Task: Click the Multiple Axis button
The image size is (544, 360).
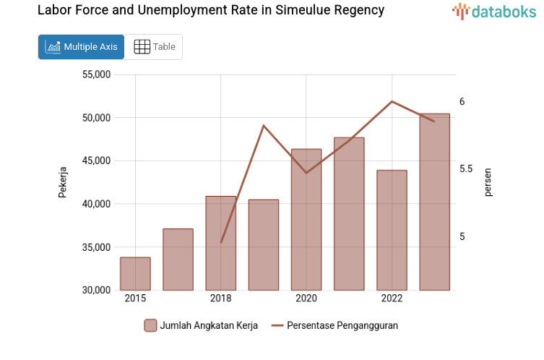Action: tap(81, 47)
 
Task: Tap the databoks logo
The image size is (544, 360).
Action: tap(494, 11)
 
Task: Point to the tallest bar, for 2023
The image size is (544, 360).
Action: tap(434, 202)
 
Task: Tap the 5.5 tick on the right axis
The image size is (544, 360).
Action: tap(467, 169)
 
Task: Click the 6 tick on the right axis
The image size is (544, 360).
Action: tap(462, 102)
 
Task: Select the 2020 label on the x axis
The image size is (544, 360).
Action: tap(306, 299)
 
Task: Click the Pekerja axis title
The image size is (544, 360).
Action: tap(63, 182)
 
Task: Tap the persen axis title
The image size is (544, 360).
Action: tap(488, 182)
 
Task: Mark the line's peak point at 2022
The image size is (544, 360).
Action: tap(392, 101)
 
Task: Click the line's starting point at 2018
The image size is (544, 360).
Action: tap(221, 242)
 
